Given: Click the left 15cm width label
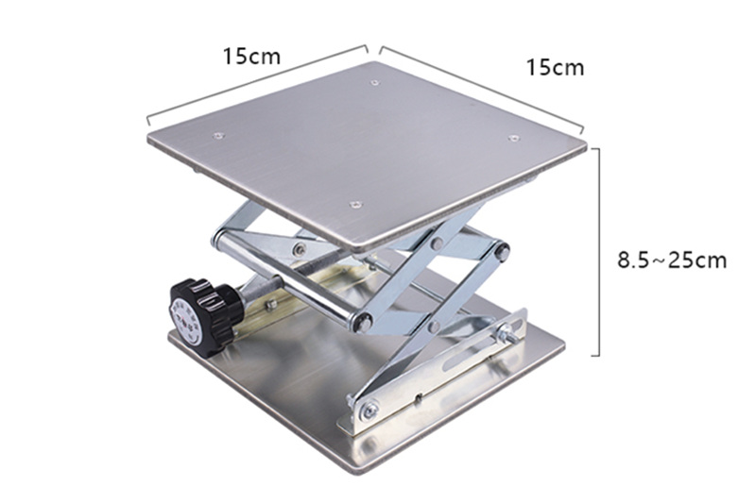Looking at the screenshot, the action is [251, 57].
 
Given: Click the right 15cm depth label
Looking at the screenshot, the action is [555, 67].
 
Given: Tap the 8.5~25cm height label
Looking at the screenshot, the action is [672, 260].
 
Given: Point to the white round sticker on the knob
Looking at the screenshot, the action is [186, 322].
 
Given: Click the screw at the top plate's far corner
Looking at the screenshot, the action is [374, 83].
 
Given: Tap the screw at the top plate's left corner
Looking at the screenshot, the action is [218, 136].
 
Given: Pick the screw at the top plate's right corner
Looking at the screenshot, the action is [513, 139].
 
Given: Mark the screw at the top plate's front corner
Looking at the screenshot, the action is [356, 205].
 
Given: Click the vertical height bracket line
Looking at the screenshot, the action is [598, 252].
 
